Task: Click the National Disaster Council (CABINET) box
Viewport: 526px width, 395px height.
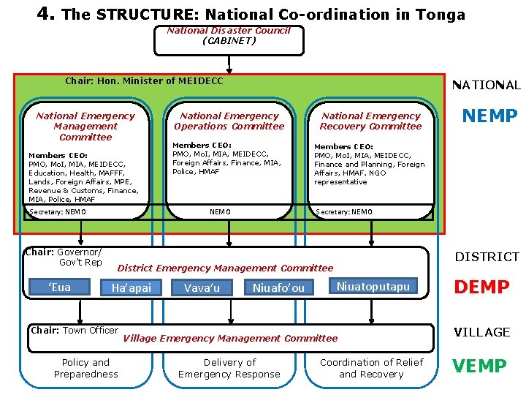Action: pos(229,39)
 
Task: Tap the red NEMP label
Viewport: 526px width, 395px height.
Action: pos(489,116)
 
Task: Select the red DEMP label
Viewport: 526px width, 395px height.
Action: pos(481,287)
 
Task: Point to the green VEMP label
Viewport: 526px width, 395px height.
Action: pos(480,366)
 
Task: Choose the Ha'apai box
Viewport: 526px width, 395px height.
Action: pos(131,288)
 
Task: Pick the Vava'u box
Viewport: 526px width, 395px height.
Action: pos(202,288)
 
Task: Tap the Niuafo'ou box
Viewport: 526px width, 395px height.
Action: pos(278,288)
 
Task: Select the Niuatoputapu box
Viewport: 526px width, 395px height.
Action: pos(373,286)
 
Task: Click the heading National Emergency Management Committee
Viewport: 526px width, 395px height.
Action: pos(85,126)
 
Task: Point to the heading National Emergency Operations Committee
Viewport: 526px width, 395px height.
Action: pos(229,121)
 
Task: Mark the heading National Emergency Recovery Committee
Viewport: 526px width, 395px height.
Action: pos(371,121)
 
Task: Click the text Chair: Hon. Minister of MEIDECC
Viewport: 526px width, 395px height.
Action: pos(144,81)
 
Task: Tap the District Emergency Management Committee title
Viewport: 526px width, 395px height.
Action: pos(225,268)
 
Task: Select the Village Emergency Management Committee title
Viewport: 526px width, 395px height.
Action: pos(230,338)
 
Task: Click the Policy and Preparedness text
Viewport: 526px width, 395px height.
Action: pos(85,368)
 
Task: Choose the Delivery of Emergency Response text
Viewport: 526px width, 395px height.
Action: pos(229,368)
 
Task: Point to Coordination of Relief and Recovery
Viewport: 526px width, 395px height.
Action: pos(372,368)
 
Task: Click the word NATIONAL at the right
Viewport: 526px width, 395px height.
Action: pos(487,86)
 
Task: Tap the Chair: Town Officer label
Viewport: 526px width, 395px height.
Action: pos(75,331)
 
